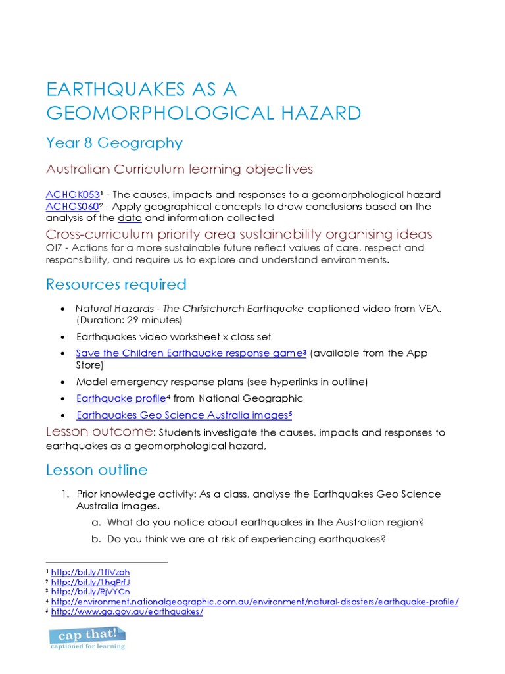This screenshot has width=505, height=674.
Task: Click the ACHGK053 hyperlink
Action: pos(72,194)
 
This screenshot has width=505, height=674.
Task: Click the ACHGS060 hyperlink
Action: pos(72,206)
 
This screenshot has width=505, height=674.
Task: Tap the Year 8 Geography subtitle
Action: pos(114,143)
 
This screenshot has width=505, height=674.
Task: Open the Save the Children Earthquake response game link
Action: pos(189,353)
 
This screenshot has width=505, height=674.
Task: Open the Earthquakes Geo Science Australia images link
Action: pos(182,415)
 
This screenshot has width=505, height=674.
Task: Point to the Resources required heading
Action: pos(116,284)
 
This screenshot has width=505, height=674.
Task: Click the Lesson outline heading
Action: pos(97,470)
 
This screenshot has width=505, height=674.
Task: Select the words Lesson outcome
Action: pos(99,432)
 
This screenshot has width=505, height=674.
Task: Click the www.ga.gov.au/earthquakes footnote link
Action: pos(127,611)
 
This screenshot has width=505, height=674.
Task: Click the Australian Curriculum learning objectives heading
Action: pos(179,169)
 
